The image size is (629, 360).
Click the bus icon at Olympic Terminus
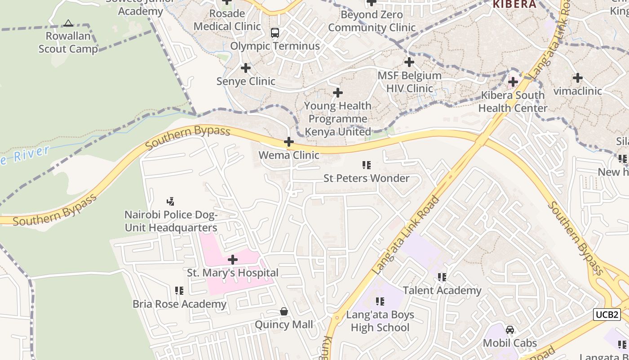(x=275, y=33)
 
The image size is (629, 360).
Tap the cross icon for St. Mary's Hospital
(x=233, y=260)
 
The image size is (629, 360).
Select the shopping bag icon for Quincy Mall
(x=284, y=311)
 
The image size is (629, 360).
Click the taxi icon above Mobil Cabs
(x=510, y=330)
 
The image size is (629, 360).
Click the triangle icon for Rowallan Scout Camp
(x=68, y=23)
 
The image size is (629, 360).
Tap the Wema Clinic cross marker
(x=289, y=142)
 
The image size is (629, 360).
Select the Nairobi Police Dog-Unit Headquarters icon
(x=171, y=202)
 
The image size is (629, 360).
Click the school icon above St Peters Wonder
(x=367, y=165)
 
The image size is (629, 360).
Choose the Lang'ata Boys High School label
(x=380, y=321)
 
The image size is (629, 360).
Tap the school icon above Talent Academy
(x=442, y=277)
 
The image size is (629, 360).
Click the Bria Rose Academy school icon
(x=179, y=291)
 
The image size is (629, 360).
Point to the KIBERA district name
(x=514, y=4)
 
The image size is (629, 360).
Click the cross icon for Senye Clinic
(x=246, y=68)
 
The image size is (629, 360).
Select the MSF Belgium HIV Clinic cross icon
(x=409, y=62)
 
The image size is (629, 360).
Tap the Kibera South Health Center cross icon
(x=513, y=82)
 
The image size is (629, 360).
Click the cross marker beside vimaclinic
(x=578, y=78)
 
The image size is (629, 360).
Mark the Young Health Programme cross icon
(x=338, y=93)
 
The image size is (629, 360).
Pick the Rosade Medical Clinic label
(x=227, y=20)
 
